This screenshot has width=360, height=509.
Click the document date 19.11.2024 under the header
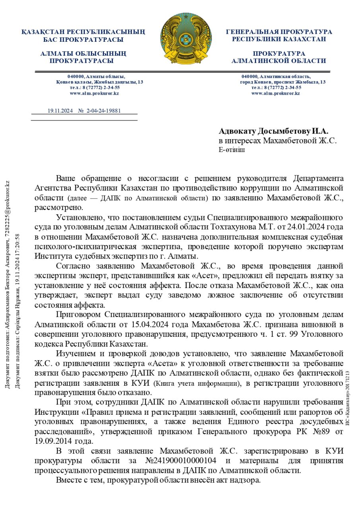click(60, 111)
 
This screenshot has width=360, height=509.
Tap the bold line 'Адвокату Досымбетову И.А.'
click(274, 131)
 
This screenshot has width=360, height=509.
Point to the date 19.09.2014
click(51, 441)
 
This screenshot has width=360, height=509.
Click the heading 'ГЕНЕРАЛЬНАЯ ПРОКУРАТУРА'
click(279, 32)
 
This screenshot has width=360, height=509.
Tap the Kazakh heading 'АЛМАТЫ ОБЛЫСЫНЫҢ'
click(83, 53)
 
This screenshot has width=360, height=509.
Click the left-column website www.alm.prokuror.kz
click(94, 93)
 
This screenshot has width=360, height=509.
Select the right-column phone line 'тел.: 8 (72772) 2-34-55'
click(276, 87)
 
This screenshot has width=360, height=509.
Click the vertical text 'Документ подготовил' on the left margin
click(7, 350)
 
